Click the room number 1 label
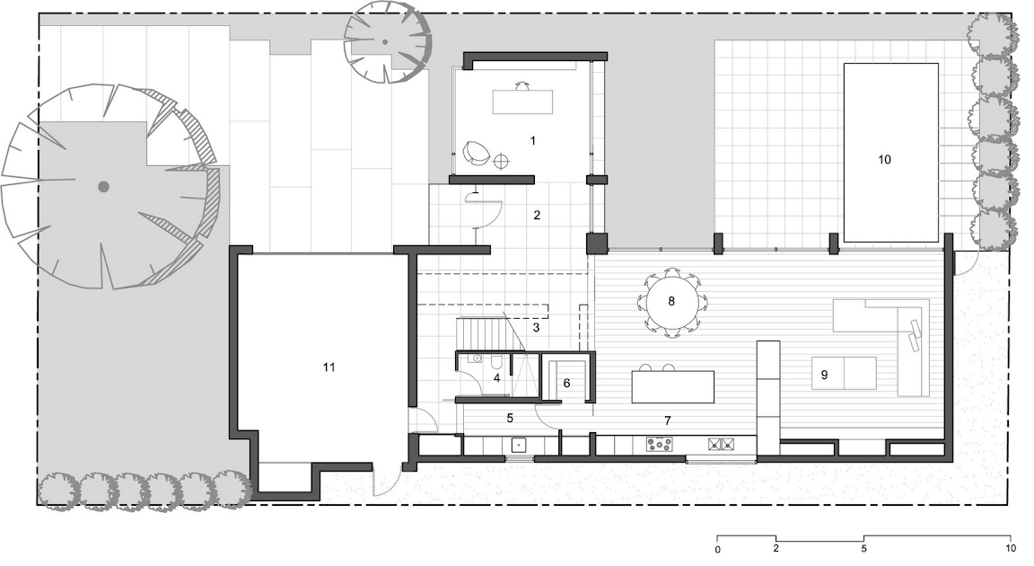click(x=533, y=140)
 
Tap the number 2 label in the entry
click(x=537, y=215)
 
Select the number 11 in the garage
click(x=329, y=367)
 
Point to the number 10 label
click(x=884, y=159)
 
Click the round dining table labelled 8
click(x=671, y=302)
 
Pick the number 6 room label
click(x=566, y=384)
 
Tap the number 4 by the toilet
click(x=496, y=378)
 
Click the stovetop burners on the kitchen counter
click(x=660, y=445)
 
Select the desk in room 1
click(x=522, y=101)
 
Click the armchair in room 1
click(x=476, y=153)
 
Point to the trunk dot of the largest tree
click(x=103, y=187)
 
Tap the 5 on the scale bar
click(x=863, y=548)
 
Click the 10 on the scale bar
click(x=1011, y=548)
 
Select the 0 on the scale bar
click(x=717, y=549)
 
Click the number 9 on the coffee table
click(x=824, y=375)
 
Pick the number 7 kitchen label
click(x=668, y=420)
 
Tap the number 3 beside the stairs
click(x=536, y=327)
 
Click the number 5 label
click(x=510, y=418)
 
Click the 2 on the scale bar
click(x=775, y=548)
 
